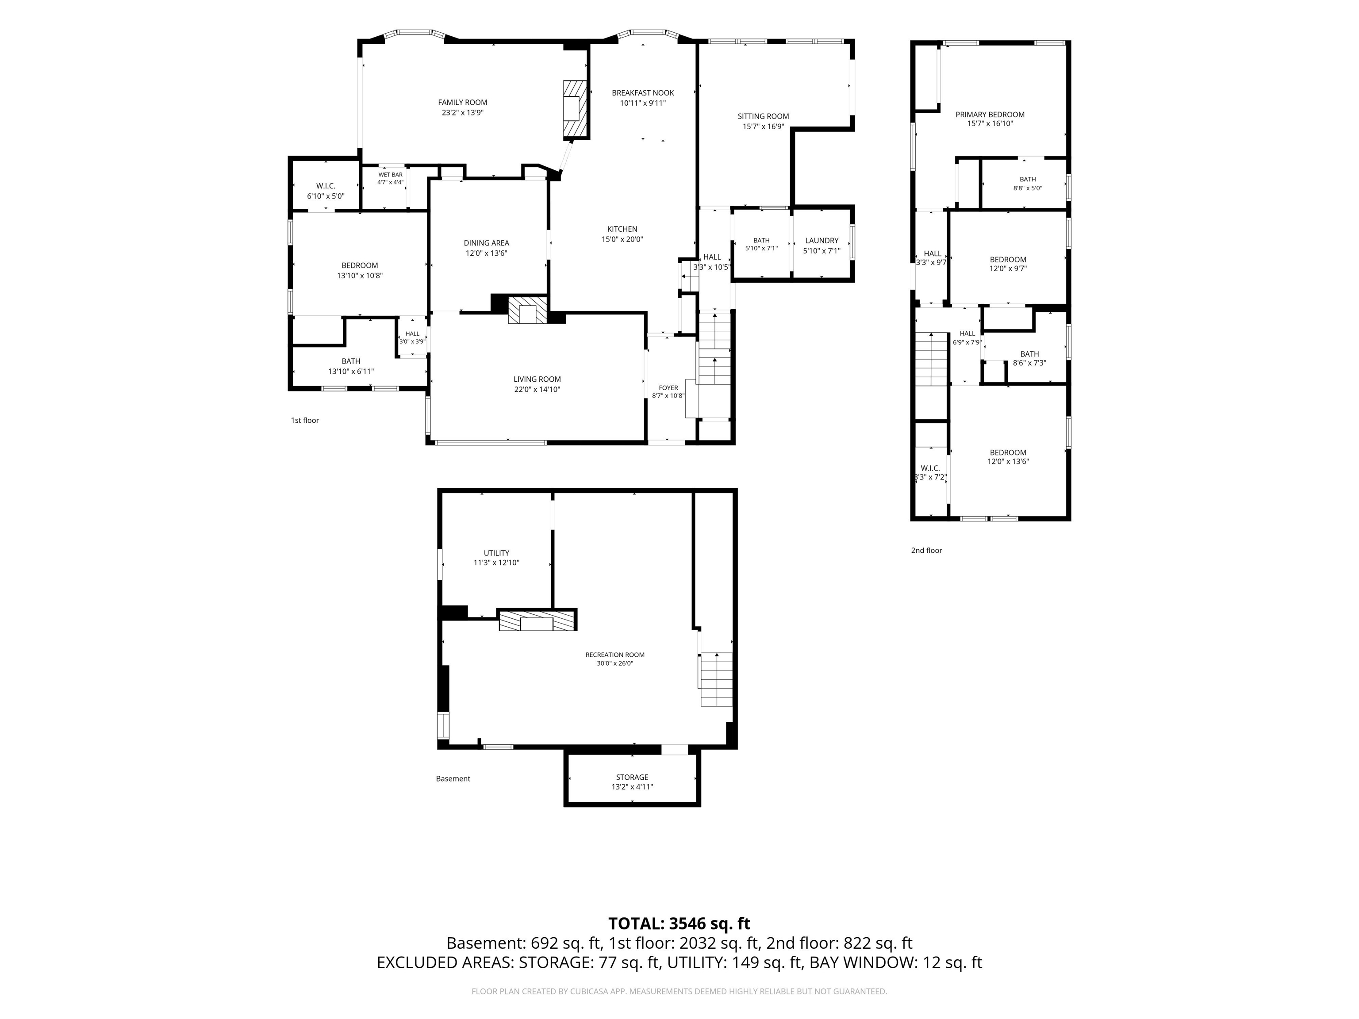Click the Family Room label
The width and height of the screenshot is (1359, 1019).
click(463, 103)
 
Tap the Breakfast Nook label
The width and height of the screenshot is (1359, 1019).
click(643, 93)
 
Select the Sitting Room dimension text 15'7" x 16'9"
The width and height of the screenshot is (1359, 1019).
click(763, 126)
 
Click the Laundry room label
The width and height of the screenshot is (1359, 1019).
click(822, 241)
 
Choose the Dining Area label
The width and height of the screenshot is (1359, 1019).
click(486, 243)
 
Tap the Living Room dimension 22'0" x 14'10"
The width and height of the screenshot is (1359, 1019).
click(537, 389)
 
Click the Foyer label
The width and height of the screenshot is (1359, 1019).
click(668, 387)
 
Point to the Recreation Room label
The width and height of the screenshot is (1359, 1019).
click(615, 655)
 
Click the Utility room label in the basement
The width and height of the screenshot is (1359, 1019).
click(496, 553)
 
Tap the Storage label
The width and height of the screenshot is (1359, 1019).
click(632, 777)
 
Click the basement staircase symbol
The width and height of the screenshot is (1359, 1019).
click(716, 679)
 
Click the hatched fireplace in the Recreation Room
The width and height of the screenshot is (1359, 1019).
click(537, 621)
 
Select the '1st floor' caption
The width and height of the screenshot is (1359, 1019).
click(305, 421)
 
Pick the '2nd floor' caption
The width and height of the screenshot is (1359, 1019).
click(926, 550)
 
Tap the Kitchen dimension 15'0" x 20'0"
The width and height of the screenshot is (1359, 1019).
click(622, 240)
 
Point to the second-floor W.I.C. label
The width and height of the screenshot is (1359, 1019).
click(930, 468)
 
